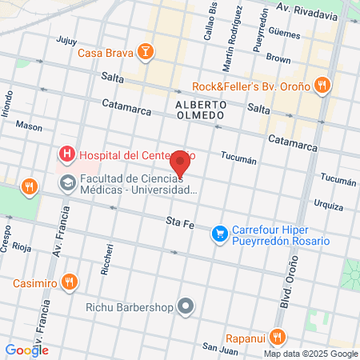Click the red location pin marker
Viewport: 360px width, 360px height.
coord(181,162)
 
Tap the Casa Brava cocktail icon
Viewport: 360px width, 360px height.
coord(146,54)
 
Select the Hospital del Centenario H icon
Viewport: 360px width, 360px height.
coord(67,154)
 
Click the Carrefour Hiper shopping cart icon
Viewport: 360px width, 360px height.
coord(218,234)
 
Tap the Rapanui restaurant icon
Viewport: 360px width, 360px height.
coord(278,336)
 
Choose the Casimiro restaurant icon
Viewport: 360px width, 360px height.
coord(70,282)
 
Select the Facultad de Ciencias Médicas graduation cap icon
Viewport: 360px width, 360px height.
coord(67,183)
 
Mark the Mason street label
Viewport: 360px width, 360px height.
coord(30,126)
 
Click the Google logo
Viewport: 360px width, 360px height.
coord(26,350)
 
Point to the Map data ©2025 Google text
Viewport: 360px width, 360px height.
coord(311,354)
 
